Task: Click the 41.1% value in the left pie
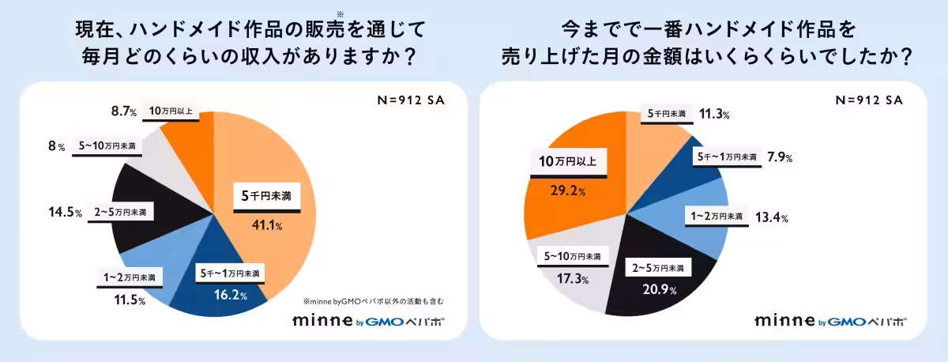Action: [x=268, y=225]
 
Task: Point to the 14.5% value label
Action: [x=65, y=213]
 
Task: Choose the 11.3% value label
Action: [x=714, y=114]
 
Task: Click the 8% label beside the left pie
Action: [x=55, y=146]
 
